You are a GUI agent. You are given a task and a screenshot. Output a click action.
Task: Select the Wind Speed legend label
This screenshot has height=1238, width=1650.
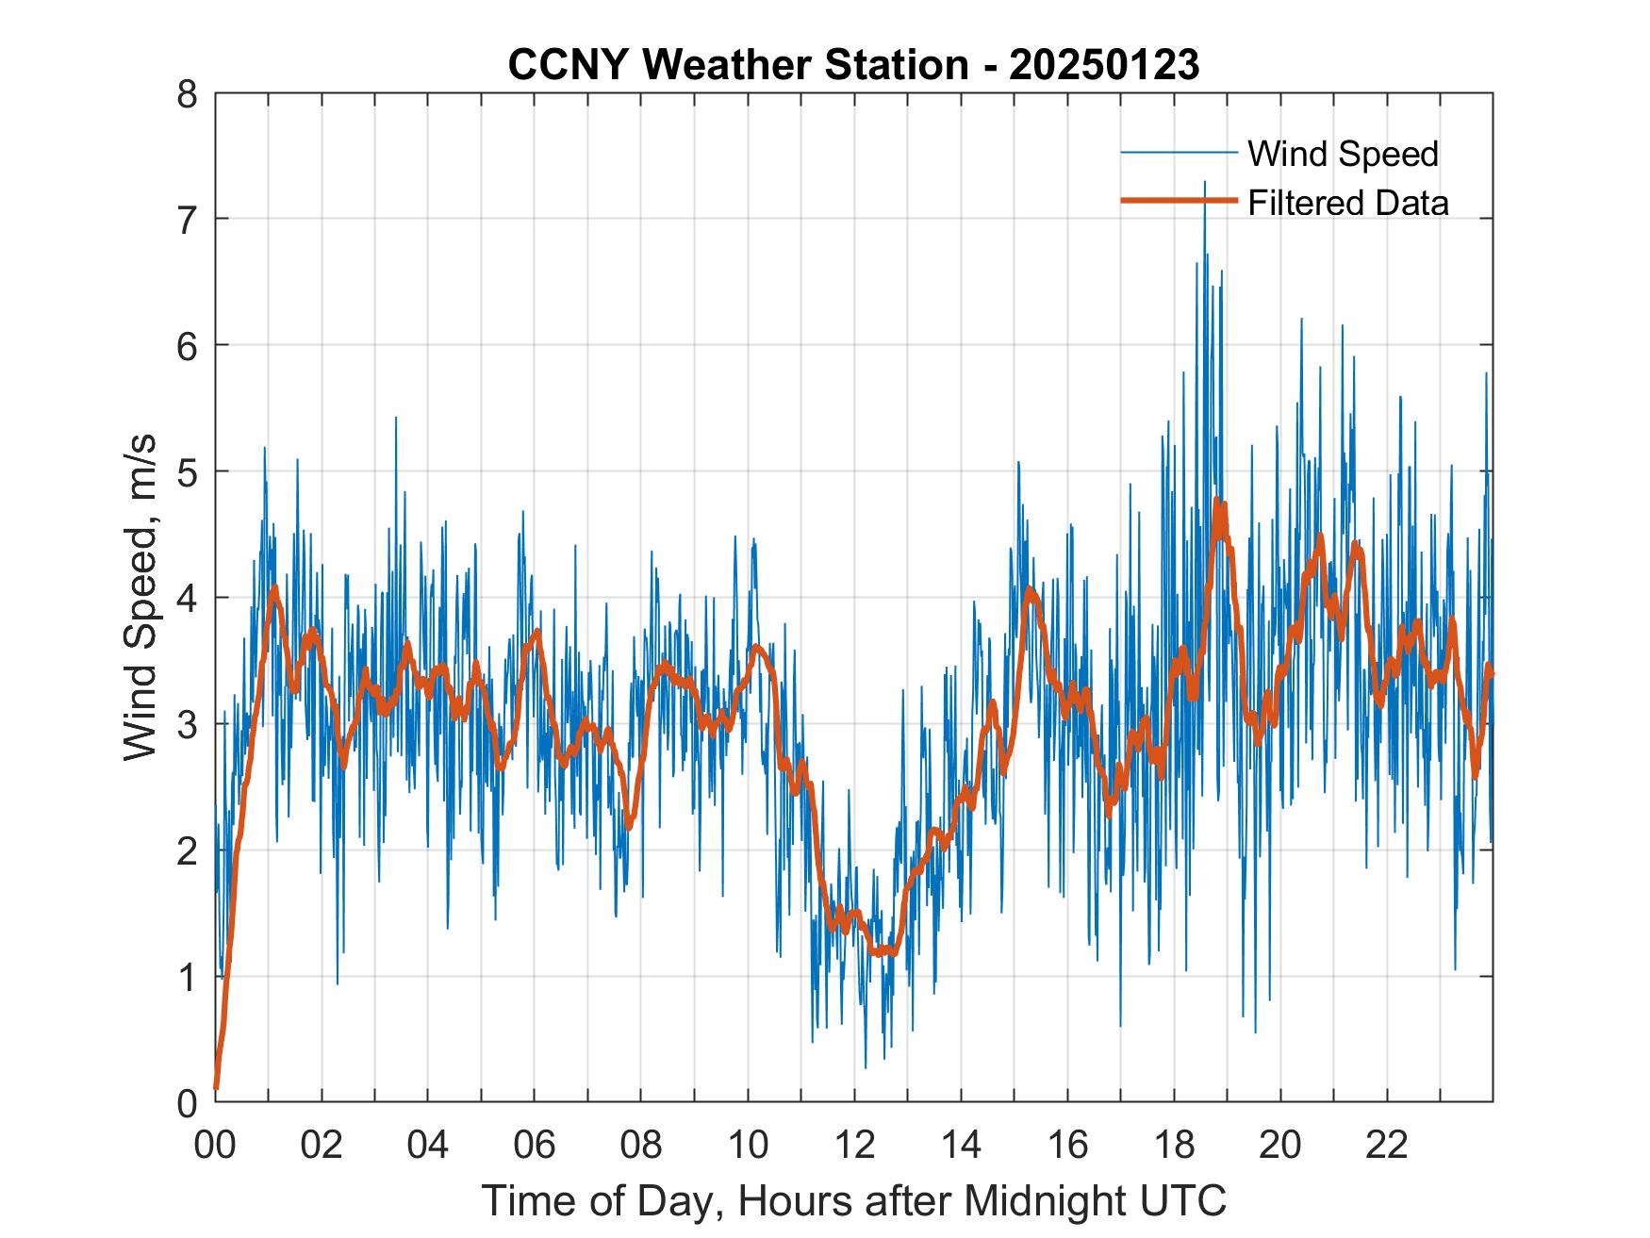point(1343,154)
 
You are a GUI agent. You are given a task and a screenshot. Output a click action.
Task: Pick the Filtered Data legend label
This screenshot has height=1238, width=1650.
point(1347,203)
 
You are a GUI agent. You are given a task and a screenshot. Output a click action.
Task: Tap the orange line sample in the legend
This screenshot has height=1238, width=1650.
point(1179,201)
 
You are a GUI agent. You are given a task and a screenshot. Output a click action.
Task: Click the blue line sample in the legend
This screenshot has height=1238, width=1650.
point(1179,152)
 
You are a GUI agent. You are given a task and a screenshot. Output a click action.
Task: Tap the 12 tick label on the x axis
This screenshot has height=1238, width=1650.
point(854,1147)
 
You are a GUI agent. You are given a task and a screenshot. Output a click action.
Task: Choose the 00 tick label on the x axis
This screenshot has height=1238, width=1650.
point(215,1147)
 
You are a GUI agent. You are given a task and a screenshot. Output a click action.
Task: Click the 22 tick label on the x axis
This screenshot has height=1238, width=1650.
point(1387,1147)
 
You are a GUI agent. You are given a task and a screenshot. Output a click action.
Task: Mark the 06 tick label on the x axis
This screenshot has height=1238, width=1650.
point(535,1147)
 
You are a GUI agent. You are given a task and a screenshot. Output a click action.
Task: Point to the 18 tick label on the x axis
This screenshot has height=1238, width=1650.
point(1174,1147)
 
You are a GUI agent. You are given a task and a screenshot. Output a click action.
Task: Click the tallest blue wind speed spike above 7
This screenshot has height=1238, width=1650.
point(1204,183)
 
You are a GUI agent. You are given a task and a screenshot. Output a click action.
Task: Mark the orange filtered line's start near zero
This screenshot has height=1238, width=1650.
point(217,1087)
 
